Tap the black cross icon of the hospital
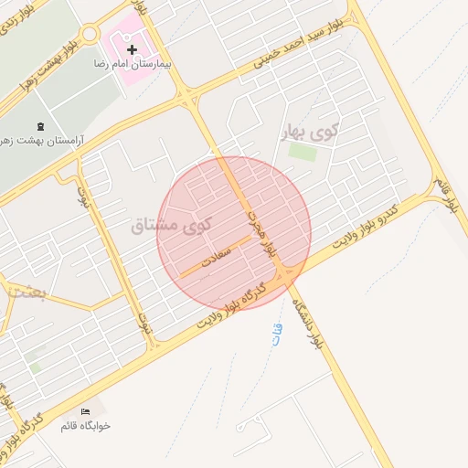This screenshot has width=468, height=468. click(x=132, y=48)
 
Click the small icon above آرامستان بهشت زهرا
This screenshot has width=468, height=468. click(x=38, y=126)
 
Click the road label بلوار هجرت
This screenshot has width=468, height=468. click(x=260, y=239)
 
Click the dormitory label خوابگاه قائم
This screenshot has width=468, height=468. click(x=85, y=426)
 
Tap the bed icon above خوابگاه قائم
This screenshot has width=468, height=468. click(x=86, y=411)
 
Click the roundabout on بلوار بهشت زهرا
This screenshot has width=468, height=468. click(x=89, y=34)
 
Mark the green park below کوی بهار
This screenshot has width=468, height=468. click(x=303, y=152)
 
